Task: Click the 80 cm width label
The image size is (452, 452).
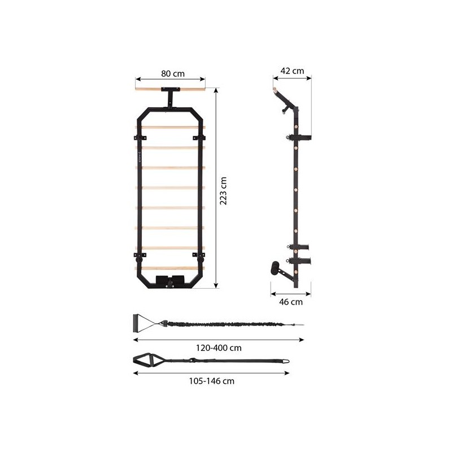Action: (x=173, y=74)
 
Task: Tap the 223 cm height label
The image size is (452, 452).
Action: (x=223, y=191)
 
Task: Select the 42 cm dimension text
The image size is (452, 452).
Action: (x=292, y=71)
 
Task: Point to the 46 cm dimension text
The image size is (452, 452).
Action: (x=291, y=302)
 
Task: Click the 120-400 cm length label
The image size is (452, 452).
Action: (x=219, y=348)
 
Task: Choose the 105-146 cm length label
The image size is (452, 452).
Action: (x=211, y=381)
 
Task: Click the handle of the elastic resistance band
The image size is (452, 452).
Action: (x=136, y=323)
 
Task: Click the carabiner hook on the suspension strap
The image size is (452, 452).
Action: (x=286, y=360)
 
